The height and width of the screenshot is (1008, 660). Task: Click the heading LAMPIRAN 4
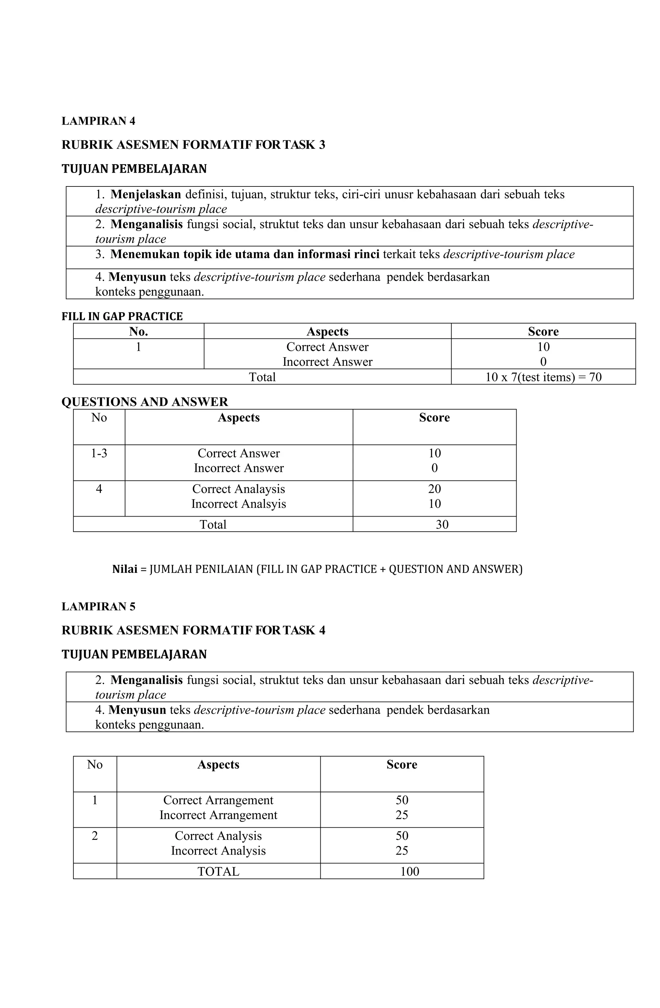(x=98, y=121)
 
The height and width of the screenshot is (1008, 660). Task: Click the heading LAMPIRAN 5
(x=98, y=606)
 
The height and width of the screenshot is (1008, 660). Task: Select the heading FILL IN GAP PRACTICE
(x=122, y=316)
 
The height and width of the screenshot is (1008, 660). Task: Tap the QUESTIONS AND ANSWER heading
(x=145, y=402)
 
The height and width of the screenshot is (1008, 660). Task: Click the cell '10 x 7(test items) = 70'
(x=543, y=377)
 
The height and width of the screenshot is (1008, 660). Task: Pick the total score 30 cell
(x=442, y=524)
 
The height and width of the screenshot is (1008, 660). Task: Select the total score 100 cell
(x=410, y=871)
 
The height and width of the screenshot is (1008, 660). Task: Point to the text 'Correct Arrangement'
(x=218, y=800)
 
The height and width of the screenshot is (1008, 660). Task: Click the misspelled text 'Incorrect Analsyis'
(x=239, y=504)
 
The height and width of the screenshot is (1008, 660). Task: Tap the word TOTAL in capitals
(x=218, y=871)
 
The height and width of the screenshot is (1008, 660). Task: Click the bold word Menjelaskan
(x=145, y=195)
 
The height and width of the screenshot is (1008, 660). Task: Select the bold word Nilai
(x=125, y=569)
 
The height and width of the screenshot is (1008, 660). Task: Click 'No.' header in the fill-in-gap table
(x=138, y=331)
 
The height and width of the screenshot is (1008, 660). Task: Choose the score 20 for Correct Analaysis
(x=434, y=489)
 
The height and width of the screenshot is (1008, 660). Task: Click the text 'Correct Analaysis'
(x=239, y=489)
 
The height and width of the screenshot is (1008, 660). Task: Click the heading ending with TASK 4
(x=193, y=630)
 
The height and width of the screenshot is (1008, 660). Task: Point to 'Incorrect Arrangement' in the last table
(x=218, y=815)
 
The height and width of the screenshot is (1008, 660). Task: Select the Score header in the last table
(x=402, y=765)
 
